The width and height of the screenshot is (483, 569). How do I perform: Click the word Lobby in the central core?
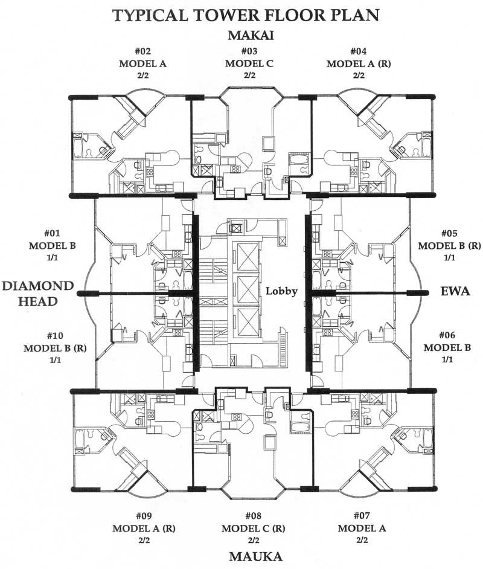[282, 291]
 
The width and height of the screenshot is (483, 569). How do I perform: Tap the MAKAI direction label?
[251, 35]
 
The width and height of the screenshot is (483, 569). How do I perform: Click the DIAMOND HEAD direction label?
[37, 292]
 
